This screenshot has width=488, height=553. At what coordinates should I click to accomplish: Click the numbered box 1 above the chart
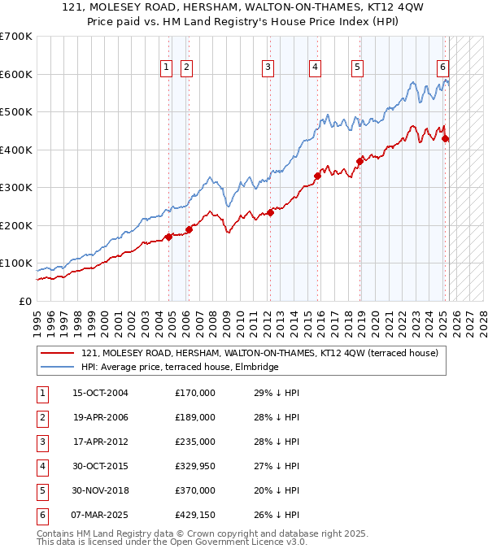[166, 67]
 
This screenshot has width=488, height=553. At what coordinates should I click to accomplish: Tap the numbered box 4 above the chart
[314, 67]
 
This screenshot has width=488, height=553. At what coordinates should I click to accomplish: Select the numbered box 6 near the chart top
[442, 67]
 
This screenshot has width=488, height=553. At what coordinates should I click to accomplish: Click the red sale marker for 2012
[270, 213]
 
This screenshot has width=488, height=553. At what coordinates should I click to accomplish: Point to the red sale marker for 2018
[359, 161]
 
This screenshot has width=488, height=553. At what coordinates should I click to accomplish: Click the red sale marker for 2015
[318, 176]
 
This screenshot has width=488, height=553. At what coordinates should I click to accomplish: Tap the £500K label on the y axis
[15, 112]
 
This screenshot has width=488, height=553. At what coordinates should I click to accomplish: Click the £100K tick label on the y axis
[15, 263]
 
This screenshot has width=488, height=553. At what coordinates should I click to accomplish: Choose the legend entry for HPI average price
[180, 368]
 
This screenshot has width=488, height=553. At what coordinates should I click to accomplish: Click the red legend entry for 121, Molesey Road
[259, 353]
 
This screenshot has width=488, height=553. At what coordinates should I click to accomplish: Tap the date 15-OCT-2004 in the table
[100, 393]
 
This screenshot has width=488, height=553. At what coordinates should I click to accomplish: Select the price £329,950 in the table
[195, 466]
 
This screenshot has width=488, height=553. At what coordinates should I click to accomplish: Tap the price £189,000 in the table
[195, 417]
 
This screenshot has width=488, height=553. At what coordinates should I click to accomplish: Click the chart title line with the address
[243, 7]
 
